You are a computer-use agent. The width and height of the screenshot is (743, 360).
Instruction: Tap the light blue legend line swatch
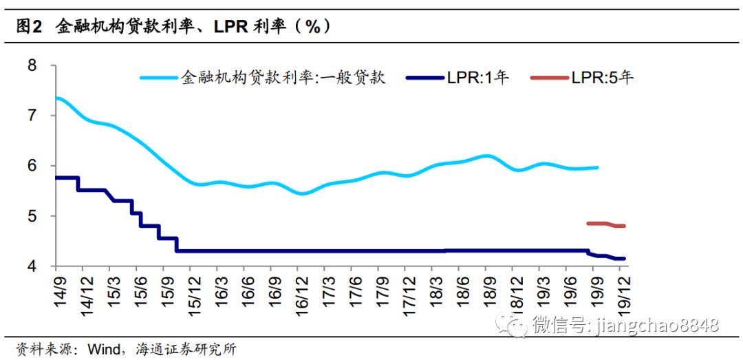(159, 78)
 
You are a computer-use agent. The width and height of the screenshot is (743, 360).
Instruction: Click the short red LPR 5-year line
(606, 224)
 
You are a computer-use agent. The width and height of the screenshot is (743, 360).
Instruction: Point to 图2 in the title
(30, 28)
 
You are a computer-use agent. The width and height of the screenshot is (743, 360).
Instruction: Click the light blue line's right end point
(597, 167)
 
